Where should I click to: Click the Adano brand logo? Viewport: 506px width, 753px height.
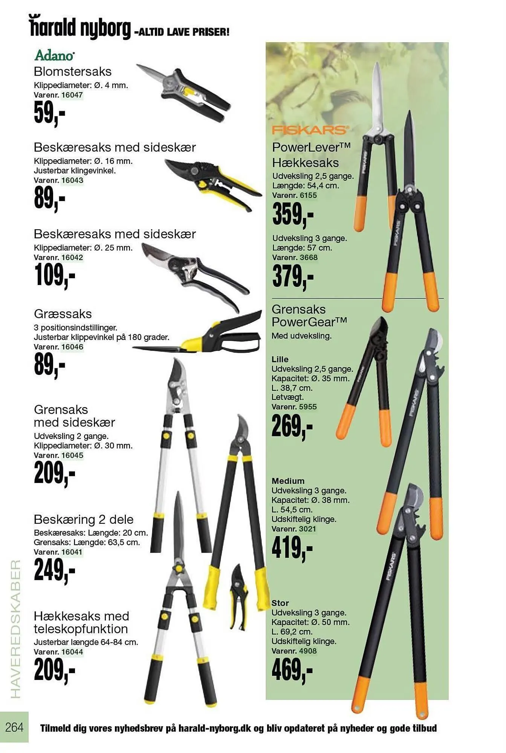54,55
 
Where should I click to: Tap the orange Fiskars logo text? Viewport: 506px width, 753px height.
310,130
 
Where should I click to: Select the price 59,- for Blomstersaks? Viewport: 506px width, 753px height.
49,113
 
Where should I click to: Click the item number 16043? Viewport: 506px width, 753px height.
72,180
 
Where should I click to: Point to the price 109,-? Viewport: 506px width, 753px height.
55,275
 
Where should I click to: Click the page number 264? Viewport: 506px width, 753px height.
14,727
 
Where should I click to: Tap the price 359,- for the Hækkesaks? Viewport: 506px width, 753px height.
293,214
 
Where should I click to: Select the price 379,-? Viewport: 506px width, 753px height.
293,276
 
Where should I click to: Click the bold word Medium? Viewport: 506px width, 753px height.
288,481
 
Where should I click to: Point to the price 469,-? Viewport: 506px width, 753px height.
292,670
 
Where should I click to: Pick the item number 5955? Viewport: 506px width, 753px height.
307,407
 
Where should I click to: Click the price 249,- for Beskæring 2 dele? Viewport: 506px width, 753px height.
55,570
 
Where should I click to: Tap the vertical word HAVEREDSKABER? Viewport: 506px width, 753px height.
15,629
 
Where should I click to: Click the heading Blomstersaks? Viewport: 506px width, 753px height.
73,72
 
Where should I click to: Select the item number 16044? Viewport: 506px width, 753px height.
72,652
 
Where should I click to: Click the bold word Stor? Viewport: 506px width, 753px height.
280,603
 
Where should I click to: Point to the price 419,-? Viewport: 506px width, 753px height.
292,548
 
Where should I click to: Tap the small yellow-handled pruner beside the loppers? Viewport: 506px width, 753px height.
239,597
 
